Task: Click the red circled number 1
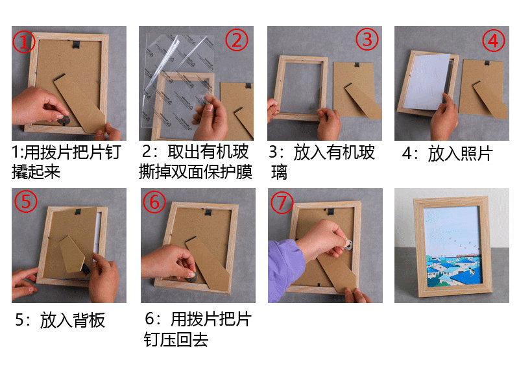pos(23,42)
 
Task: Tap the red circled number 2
pos(236,40)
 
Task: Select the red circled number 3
pos(367,40)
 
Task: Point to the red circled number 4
pos(493,41)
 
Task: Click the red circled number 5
pos(25,201)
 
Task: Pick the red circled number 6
pos(154,202)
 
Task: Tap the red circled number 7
pos(282,202)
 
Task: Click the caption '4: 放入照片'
pos(448,154)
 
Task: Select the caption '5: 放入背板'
pos(60,320)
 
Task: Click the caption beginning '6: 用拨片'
pos(198,330)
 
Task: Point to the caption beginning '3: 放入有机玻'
pos(321,162)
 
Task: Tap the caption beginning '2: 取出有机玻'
pos(195,162)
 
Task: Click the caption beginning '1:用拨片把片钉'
pos(67,162)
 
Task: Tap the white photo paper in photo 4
pos(428,82)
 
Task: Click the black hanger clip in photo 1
pos(77,44)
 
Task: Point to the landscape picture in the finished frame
pos(452,247)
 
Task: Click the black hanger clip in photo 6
pos(208,212)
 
